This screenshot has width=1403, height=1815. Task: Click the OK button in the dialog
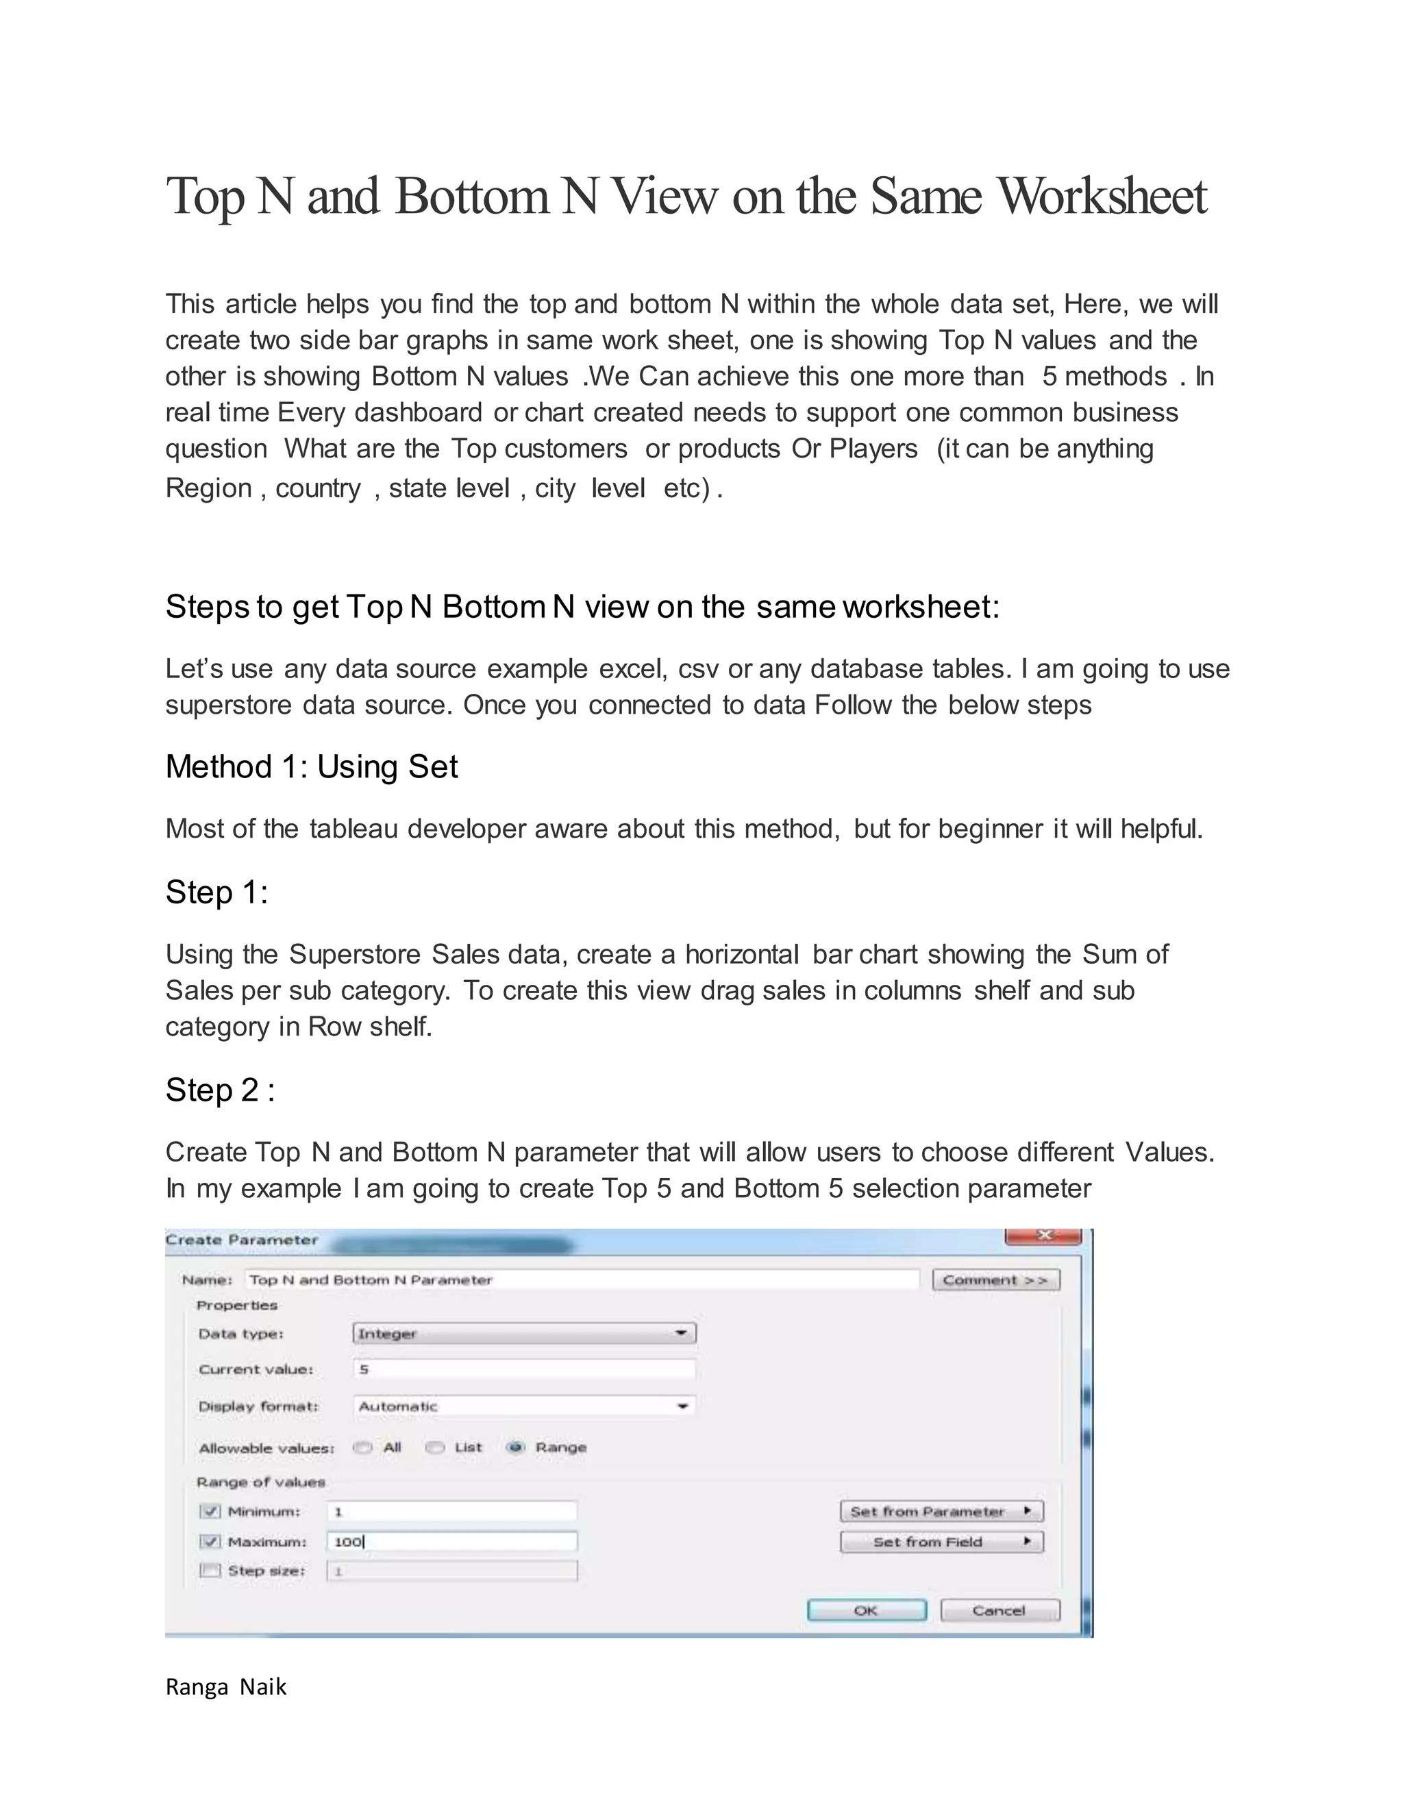point(866,1611)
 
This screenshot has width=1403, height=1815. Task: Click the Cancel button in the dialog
point(1000,1611)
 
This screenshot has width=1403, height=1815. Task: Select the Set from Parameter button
point(941,1511)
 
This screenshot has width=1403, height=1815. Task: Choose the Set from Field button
point(941,1542)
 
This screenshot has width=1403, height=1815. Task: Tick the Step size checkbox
point(211,1570)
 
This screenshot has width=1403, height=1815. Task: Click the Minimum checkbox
point(211,1511)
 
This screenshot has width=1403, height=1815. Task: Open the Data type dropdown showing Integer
point(523,1333)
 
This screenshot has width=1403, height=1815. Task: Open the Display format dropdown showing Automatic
point(523,1406)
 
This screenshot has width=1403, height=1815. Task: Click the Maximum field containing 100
point(451,1542)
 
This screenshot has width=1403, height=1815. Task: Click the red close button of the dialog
point(1044,1236)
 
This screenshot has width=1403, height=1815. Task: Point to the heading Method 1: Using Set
point(312,766)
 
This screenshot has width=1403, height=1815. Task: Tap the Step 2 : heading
point(219,1090)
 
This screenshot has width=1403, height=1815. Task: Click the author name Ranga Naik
point(226,1687)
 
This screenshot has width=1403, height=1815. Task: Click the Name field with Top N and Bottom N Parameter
point(582,1280)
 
